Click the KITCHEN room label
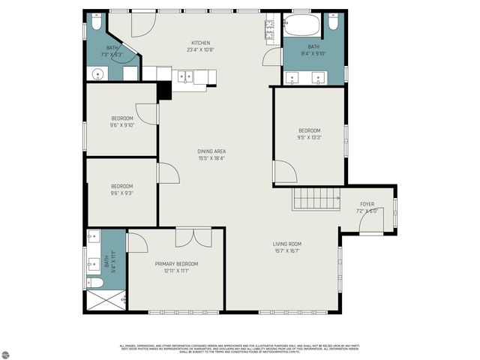pyautogui.click(x=200, y=43)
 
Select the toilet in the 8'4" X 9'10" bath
pyautogui.click(x=333, y=22)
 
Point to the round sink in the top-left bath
pyautogui.click(x=95, y=73)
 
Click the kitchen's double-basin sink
pyautogui.click(x=185, y=75)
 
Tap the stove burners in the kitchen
pyautogui.click(x=268, y=28)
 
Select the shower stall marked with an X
pyautogui.click(x=100, y=300)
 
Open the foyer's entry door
pyautogui.click(x=372, y=222)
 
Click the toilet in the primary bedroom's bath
pyautogui.click(x=95, y=283)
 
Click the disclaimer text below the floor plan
pyautogui.click(x=240, y=349)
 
